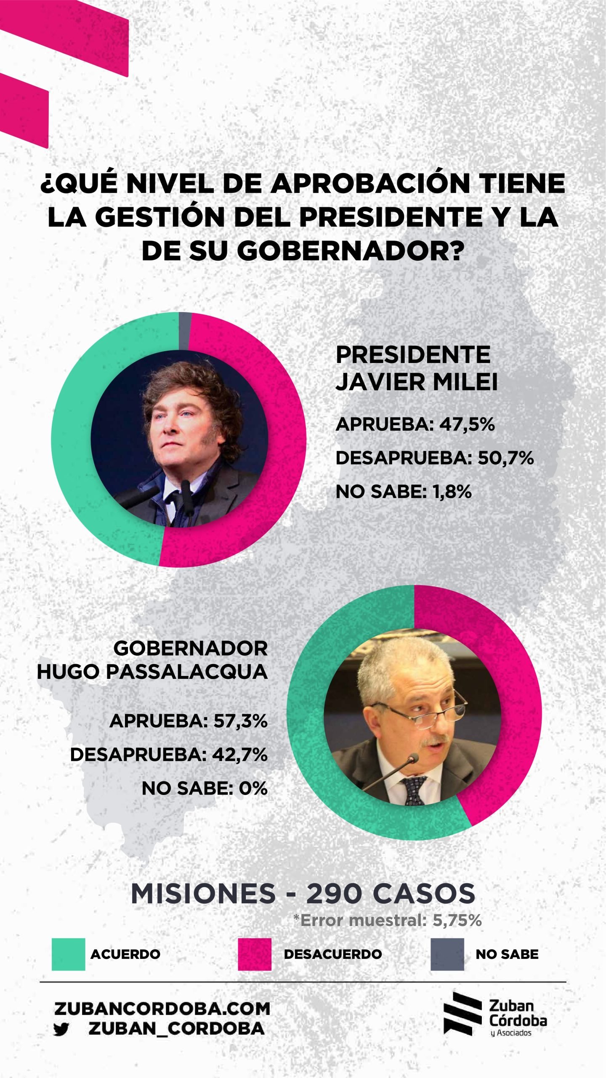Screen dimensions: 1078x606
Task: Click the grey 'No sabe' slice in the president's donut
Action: pos(185,331)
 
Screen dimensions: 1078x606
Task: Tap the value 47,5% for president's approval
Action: pos(467,424)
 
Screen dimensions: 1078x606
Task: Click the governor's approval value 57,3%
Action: pos(240,721)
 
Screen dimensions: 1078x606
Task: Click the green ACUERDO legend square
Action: pos(68,954)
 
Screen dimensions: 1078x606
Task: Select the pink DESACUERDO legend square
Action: pos(254,954)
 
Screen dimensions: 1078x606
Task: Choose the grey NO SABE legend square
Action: pos(447,954)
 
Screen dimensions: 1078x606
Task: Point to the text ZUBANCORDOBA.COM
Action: pos(162,1009)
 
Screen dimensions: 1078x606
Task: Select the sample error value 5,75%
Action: pos(457,921)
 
